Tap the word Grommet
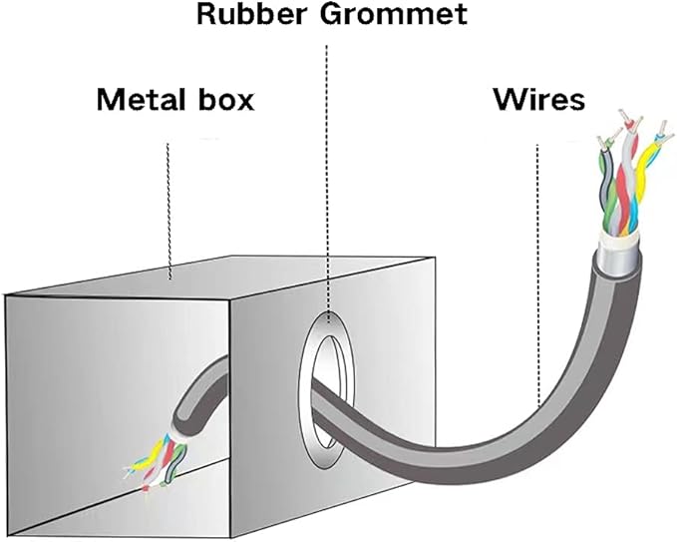[394, 13]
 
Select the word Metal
[139, 99]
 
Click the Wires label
[538, 99]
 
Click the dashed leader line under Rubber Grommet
[328, 184]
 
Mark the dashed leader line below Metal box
[169, 211]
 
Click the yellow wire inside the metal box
[149, 457]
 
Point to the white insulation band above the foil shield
[619, 239]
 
